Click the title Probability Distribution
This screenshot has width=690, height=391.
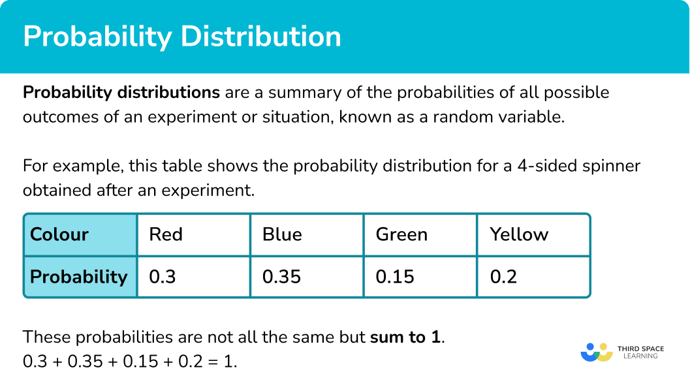[x=182, y=37]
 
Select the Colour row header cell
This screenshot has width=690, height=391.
[x=80, y=234]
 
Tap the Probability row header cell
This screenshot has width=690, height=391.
[x=80, y=276]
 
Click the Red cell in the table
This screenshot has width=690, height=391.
[x=193, y=234]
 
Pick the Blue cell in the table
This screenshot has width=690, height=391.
[x=306, y=234]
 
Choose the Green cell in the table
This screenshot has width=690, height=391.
[x=420, y=234]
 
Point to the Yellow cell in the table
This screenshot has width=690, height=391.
[x=533, y=234]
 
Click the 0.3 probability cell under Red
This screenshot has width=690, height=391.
[x=193, y=276]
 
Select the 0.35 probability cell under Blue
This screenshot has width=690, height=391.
[x=306, y=276]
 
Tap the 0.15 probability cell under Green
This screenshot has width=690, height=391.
[x=420, y=276]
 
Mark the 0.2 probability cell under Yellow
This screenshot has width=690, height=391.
[x=533, y=276]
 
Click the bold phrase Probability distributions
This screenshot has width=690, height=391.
[x=121, y=92]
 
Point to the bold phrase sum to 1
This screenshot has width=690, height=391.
[x=406, y=337]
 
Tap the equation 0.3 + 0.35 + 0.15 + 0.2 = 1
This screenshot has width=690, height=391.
[x=130, y=361]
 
